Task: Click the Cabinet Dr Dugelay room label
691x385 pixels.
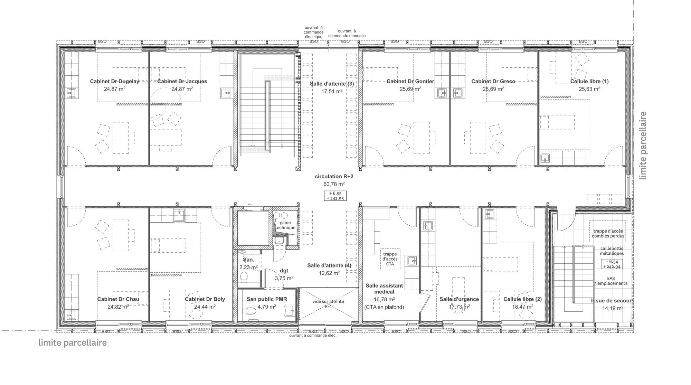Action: pyautogui.click(x=115, y=82)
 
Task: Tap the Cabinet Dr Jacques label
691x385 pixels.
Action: pyautogui.click(x=182, y=82)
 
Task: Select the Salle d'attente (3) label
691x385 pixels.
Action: pyautogui.click(x=331, y=84)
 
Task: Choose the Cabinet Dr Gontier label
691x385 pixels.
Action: pyautogui.click(x=410, y=82)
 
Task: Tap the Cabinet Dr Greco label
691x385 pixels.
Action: pyautogui.click(x=493, y=82)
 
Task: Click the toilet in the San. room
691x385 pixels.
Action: pyautogui.click(x=244, y=276)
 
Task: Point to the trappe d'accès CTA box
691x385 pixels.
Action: pyautogui.click(x=390, y=259)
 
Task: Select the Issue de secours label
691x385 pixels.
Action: pyautogui.click(x=613, y=301)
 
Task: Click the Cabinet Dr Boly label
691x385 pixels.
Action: pyautogui.click(x=205, y=299)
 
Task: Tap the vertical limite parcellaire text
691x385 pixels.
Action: pyautogui.click(x=643, y=145)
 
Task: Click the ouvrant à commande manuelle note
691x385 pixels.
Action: pyautogui.click(x=347, y=33)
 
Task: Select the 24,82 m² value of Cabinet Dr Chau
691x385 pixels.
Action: pyautogui.click(x=118, y=307)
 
